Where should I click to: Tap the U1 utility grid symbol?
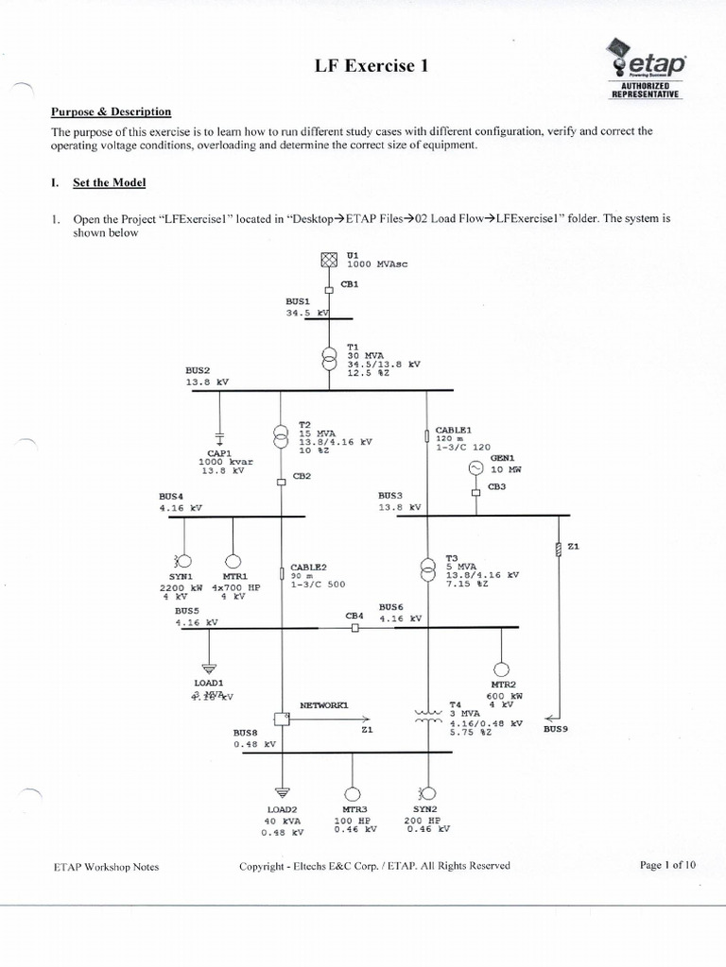[x=328, y=260]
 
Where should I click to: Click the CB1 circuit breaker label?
[x=348, y=284]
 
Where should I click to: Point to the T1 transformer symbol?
[x=328, y=359]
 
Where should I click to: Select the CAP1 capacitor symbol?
[x=219, y=436]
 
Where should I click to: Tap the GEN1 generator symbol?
[x=475, y=467]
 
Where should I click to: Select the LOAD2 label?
[x=282, y=809]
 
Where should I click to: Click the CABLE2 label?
[x=308, y=567]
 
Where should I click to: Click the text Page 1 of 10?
[x=667, y=865]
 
